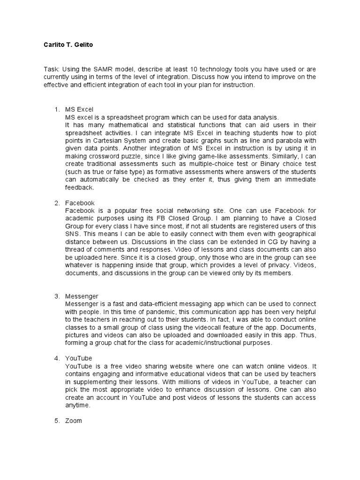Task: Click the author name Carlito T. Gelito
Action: tap(69, 45)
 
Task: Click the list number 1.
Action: tap(56, 109)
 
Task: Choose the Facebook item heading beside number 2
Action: tap(80, 203)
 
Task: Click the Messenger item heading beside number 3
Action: tap(82, 296)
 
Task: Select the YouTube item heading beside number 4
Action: tap(79, 358)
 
